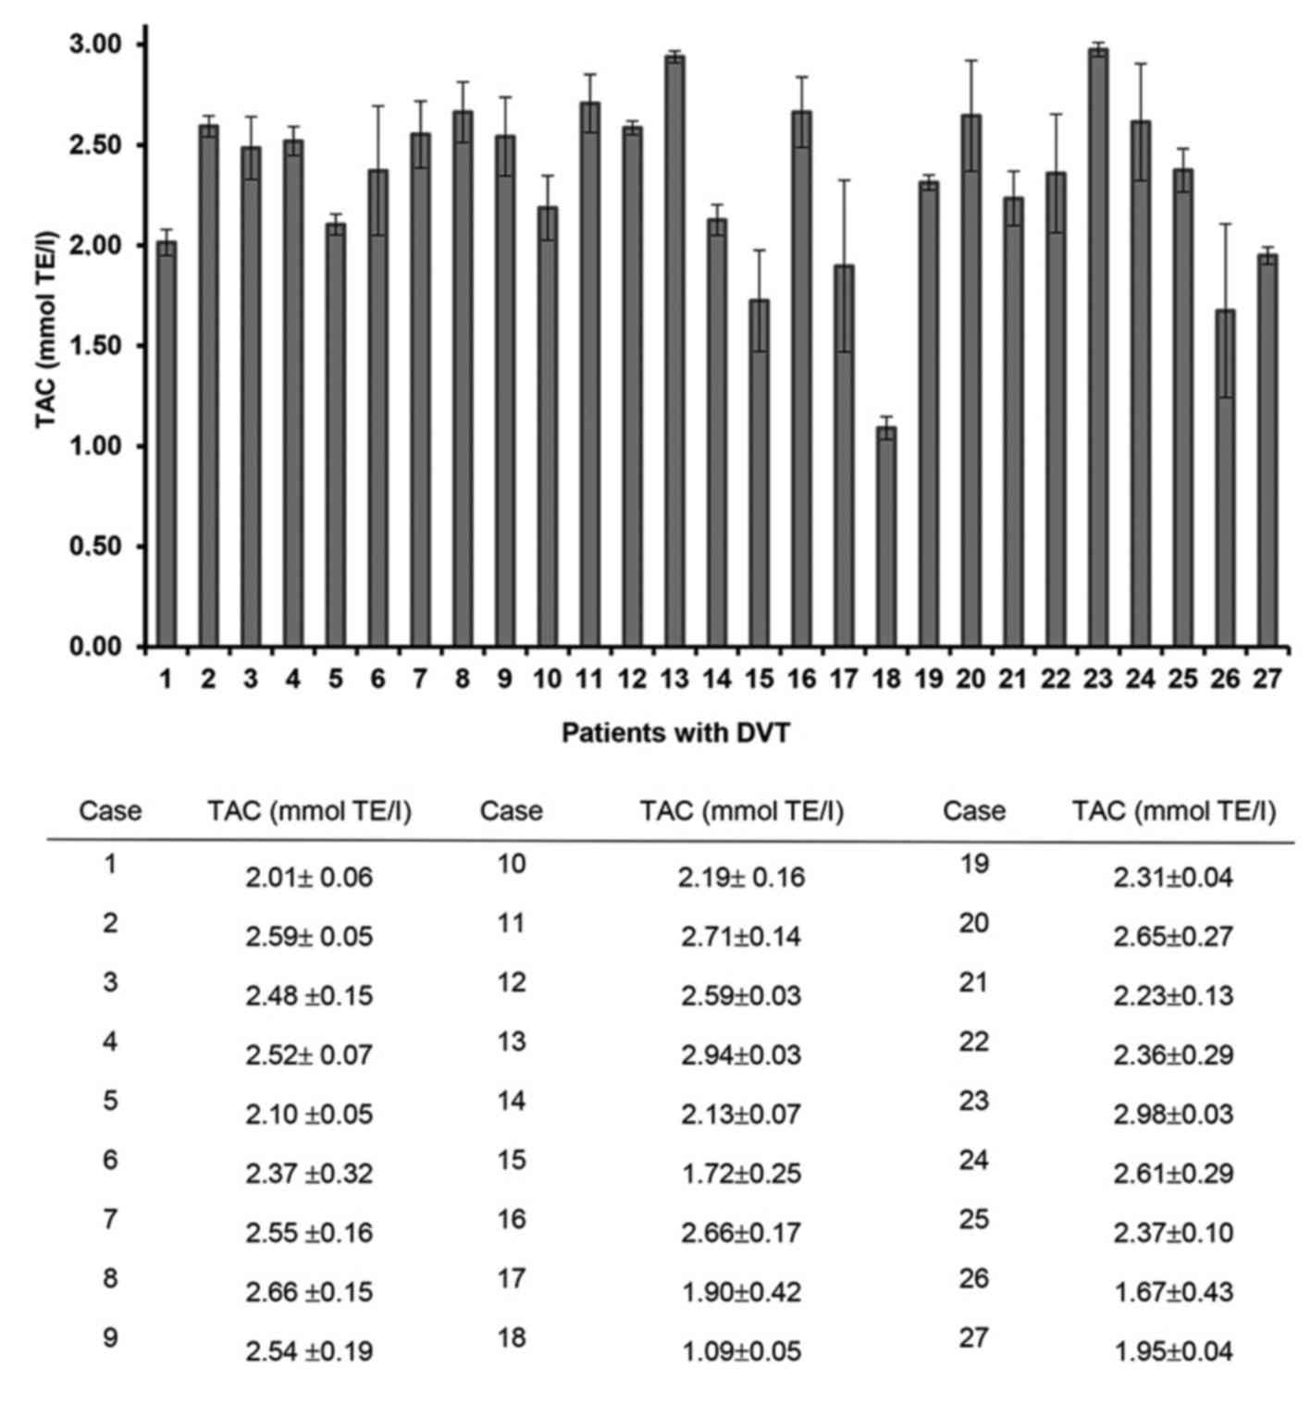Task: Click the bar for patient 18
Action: coord(886,536)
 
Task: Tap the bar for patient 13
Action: coord(674,351)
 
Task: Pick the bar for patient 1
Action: coord(167,444)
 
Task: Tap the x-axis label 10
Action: coord(548,680)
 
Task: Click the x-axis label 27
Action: coord(1268,680)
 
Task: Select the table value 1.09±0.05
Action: coord(741,1351)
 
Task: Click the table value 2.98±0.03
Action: coord(1173,1115)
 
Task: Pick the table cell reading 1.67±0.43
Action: coord(1173,1292)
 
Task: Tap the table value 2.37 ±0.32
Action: coord(309,1174)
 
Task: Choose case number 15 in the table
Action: coord(511,1160)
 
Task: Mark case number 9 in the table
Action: coord(110,1337)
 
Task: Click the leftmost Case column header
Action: coord(110,811)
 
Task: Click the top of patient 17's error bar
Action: coord(844,180)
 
